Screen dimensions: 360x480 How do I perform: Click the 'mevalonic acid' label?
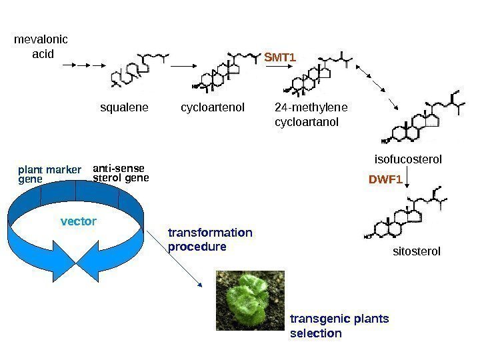click(41, 47)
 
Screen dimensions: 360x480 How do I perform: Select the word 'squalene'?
click(123, 107)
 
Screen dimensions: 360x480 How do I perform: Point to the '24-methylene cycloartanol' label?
click(311, 114)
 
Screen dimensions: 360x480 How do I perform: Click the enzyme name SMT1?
click(280, 58)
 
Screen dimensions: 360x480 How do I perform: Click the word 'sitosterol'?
click(417, 251)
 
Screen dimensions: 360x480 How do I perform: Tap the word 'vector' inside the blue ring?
click(79, 221)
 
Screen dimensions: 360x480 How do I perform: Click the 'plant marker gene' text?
click(48, 174)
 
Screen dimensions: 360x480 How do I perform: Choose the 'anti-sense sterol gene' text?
click(121, 173)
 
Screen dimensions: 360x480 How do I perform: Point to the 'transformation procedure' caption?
click(210, 239)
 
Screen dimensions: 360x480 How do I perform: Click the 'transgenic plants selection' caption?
click(339, 325)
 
